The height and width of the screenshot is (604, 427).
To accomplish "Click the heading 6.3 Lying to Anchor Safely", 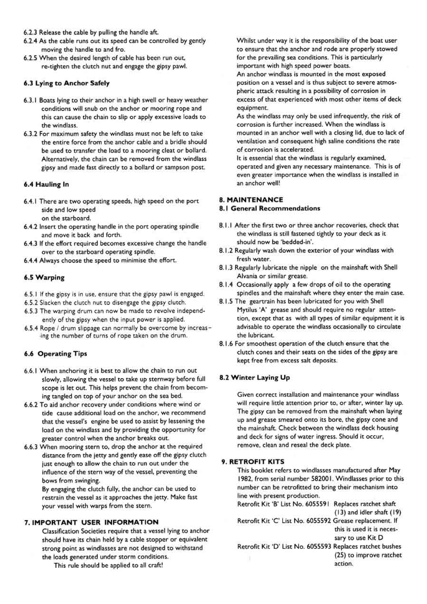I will tap(67, 83).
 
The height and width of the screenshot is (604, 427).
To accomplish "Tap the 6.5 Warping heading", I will tap(44, 277).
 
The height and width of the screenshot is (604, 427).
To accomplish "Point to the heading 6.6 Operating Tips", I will tap(55, 354).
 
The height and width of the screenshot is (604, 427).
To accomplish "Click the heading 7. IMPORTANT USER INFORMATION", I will tap(91, 522).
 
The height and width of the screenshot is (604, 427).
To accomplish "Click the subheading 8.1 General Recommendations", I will tap(270, 208).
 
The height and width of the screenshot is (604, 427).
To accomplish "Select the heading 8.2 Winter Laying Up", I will tap(255, 377).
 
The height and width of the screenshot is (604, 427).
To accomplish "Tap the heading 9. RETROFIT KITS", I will tap(253, 462).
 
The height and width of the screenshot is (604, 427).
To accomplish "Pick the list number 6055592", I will tap(319, 521).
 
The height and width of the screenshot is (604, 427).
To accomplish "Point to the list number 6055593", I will tap(319, 546).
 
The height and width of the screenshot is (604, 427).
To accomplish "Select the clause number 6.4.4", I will tap(31, 260).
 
